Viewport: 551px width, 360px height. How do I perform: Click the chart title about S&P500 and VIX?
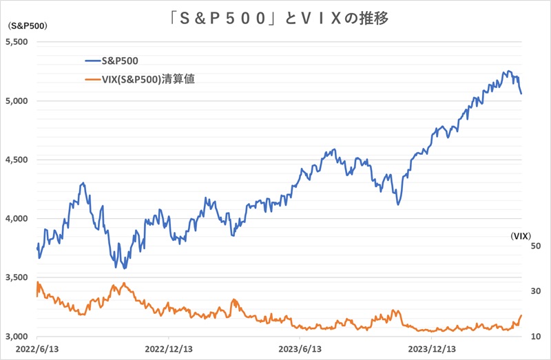(x=275, y=18)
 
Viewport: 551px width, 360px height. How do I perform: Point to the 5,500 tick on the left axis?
(x=17, y=42)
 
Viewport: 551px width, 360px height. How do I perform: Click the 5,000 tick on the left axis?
(x=17, y=101)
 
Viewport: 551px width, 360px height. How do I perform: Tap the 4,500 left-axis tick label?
(x=17, y=160)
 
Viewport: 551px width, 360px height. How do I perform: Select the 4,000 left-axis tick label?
(x=17, y=219)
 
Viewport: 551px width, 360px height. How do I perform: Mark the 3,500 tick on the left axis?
(x=17, y=277)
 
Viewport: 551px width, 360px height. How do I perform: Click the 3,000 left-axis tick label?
(x=17, y=337)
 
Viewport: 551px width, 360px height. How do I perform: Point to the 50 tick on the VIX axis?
(x=534, y=246)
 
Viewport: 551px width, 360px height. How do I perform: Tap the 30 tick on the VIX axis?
(x=534, y=292)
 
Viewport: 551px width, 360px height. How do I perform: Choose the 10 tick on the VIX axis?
(x=534, y=337)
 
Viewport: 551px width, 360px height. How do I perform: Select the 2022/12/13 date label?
(x=167, y=350)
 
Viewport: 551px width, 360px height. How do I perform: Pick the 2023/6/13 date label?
(x=301, y=350)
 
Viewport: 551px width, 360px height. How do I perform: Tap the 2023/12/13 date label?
(x=433, y=350)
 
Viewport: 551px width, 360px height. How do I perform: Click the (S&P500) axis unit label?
(x=25, y=26)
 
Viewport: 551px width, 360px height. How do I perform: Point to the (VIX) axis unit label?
(x=526, y=235)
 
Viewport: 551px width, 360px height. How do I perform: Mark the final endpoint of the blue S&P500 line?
(x=521, y=94)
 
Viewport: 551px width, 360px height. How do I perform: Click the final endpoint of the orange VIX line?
(x=521, y=315)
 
